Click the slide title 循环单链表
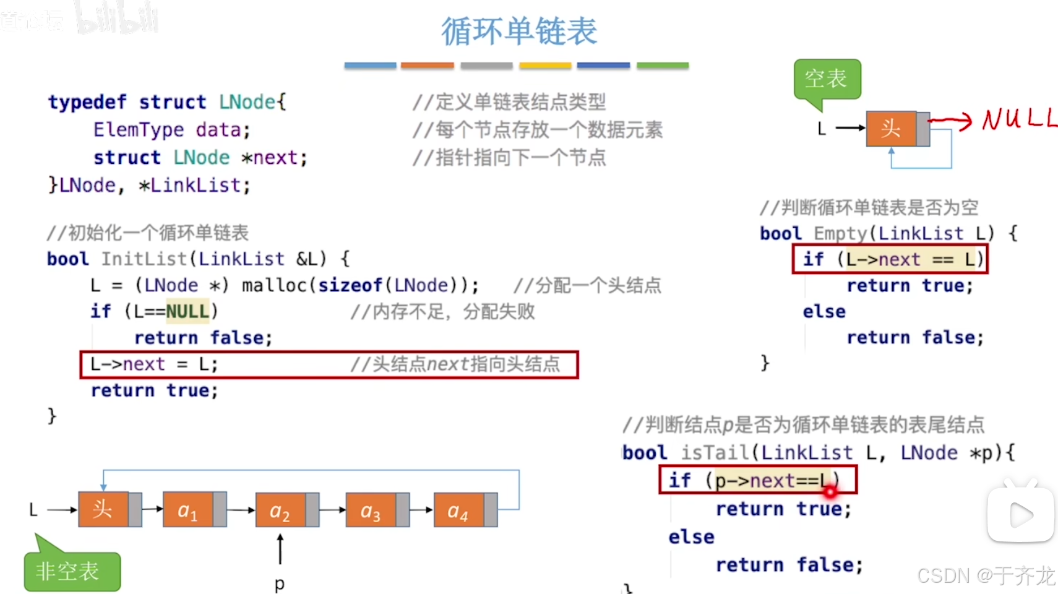click(518, 31)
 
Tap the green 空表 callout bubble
click(827, 79)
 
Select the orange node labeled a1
click(187, 510)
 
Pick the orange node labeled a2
click(280, 510)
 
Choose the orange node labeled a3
click(370, 510)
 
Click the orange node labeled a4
click(458, 510)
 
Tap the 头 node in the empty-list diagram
click(891, 129)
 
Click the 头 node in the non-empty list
click(103, 510)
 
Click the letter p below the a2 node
click(280, 583)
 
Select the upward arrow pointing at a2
click(280, 549)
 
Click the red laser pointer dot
click(830, 491)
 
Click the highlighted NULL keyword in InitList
click(187, 311)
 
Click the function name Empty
click(841, 233)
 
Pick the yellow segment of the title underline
click(545, 65)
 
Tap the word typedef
click(87, 101)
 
